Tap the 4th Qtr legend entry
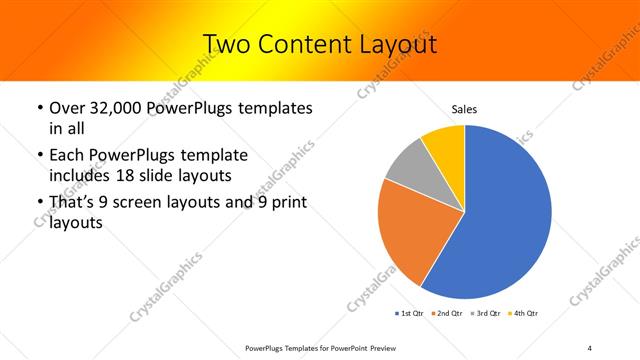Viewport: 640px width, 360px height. (526, 314)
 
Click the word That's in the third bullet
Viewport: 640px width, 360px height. (74, 203)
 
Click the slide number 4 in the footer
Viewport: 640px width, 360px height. (590, 347)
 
